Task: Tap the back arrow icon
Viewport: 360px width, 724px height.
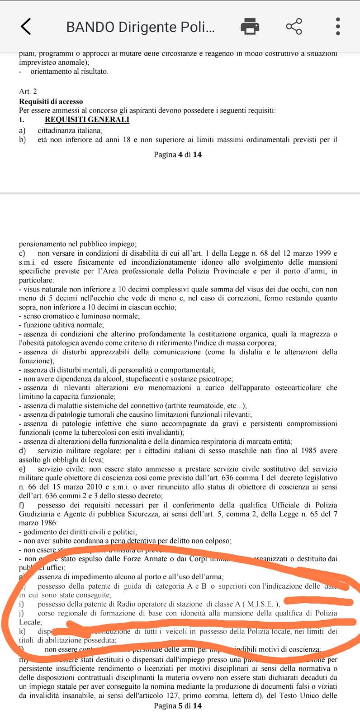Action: tap(26, 26)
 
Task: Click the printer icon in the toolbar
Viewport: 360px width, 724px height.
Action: tap(250, 26)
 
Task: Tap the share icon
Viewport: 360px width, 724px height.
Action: tap(294, 26)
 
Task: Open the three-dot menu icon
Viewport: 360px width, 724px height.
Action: tap(337, 26)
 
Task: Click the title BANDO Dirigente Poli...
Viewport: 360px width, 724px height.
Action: tap(140, 27)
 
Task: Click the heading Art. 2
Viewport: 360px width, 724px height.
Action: tap(28, 91)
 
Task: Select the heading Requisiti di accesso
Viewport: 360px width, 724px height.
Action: tap(51, 101)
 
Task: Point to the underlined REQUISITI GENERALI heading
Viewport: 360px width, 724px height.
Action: tap(87, 119)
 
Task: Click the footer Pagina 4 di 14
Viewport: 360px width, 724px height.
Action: tap(178, 155)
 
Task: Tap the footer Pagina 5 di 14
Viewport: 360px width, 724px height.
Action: tap(178, 705)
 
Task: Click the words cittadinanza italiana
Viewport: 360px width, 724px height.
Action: tap(70, 130)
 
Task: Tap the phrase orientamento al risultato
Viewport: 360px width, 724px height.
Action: tap(69, 71)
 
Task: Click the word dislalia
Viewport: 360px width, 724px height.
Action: tap(250, 352)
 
